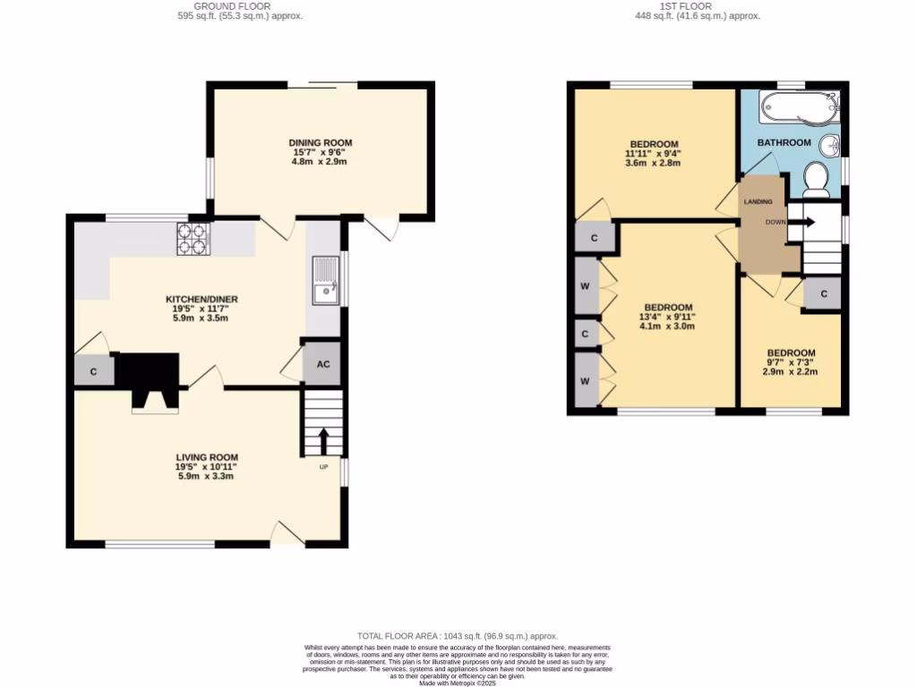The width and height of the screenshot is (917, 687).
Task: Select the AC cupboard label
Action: (x=323, y=365)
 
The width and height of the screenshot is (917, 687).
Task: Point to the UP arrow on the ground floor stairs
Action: (x=323, y=441)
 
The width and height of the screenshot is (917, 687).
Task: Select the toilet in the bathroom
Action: (x=816, y=179)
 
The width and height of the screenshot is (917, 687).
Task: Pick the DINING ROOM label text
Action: (x=320, y=142)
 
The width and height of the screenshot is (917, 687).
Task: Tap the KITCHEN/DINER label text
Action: (x=201, y=299)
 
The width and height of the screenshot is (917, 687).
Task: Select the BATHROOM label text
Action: (x=784, y=142)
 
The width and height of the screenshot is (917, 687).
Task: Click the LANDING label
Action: (x=757, y=201)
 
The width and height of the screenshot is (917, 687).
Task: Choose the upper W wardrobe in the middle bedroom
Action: (x=585, y=286)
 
